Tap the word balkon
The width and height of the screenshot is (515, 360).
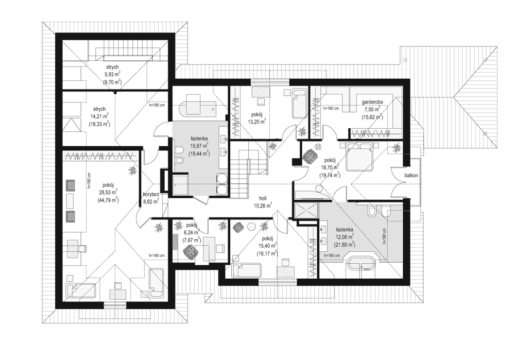tap(411, 175)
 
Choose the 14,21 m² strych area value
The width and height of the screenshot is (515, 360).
tap(100, 116)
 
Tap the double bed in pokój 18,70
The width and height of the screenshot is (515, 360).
tap(360, 158)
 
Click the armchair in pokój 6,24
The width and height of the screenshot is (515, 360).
tap(190, 251)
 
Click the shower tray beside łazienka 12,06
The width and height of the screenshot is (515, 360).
tap(303, 211)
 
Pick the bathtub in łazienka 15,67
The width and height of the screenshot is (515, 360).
tap(196, 108)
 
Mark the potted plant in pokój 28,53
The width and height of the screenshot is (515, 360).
tap(133, 169)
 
